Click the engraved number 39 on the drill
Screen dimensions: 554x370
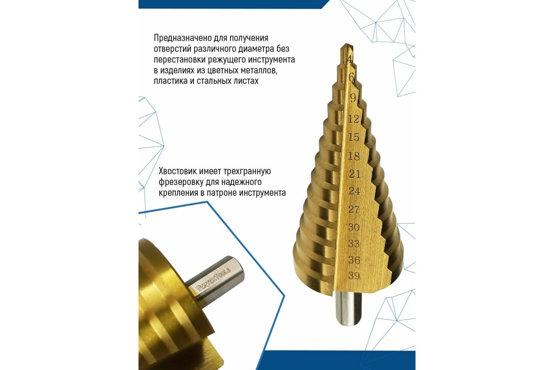[354, 276]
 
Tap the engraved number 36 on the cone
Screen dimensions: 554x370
[354, 260]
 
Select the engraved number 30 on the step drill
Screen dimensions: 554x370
[354, 227]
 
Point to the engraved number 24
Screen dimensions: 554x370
[354, 191]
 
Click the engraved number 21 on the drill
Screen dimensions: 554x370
[355, 174]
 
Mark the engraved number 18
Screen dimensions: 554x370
[354, 156]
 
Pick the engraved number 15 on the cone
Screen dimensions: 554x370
[354, 137]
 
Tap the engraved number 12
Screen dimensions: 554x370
[354, 119]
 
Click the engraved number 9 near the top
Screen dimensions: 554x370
[353, 99]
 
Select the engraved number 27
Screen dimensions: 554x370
[354, 210]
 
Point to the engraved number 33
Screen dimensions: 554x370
[354, 244]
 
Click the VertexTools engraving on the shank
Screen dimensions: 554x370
[213, 279]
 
